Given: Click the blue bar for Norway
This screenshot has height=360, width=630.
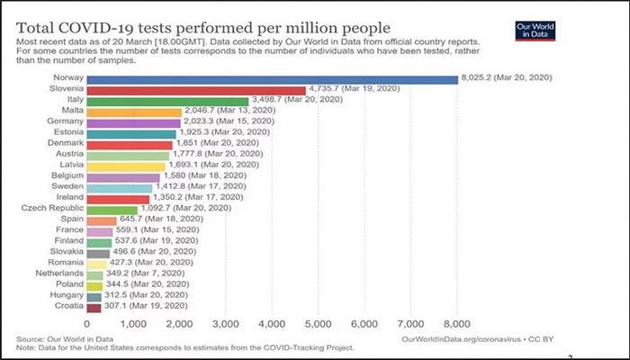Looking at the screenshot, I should [272, 79].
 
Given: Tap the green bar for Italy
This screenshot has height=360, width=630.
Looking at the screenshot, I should [167, 101].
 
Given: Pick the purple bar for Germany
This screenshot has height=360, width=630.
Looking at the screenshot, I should [134, 123].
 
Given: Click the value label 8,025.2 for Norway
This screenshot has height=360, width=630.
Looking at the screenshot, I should [506, 79].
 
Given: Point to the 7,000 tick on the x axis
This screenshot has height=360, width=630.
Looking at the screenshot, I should [410, 324].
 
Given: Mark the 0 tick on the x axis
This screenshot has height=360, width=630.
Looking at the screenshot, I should [87, 324].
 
